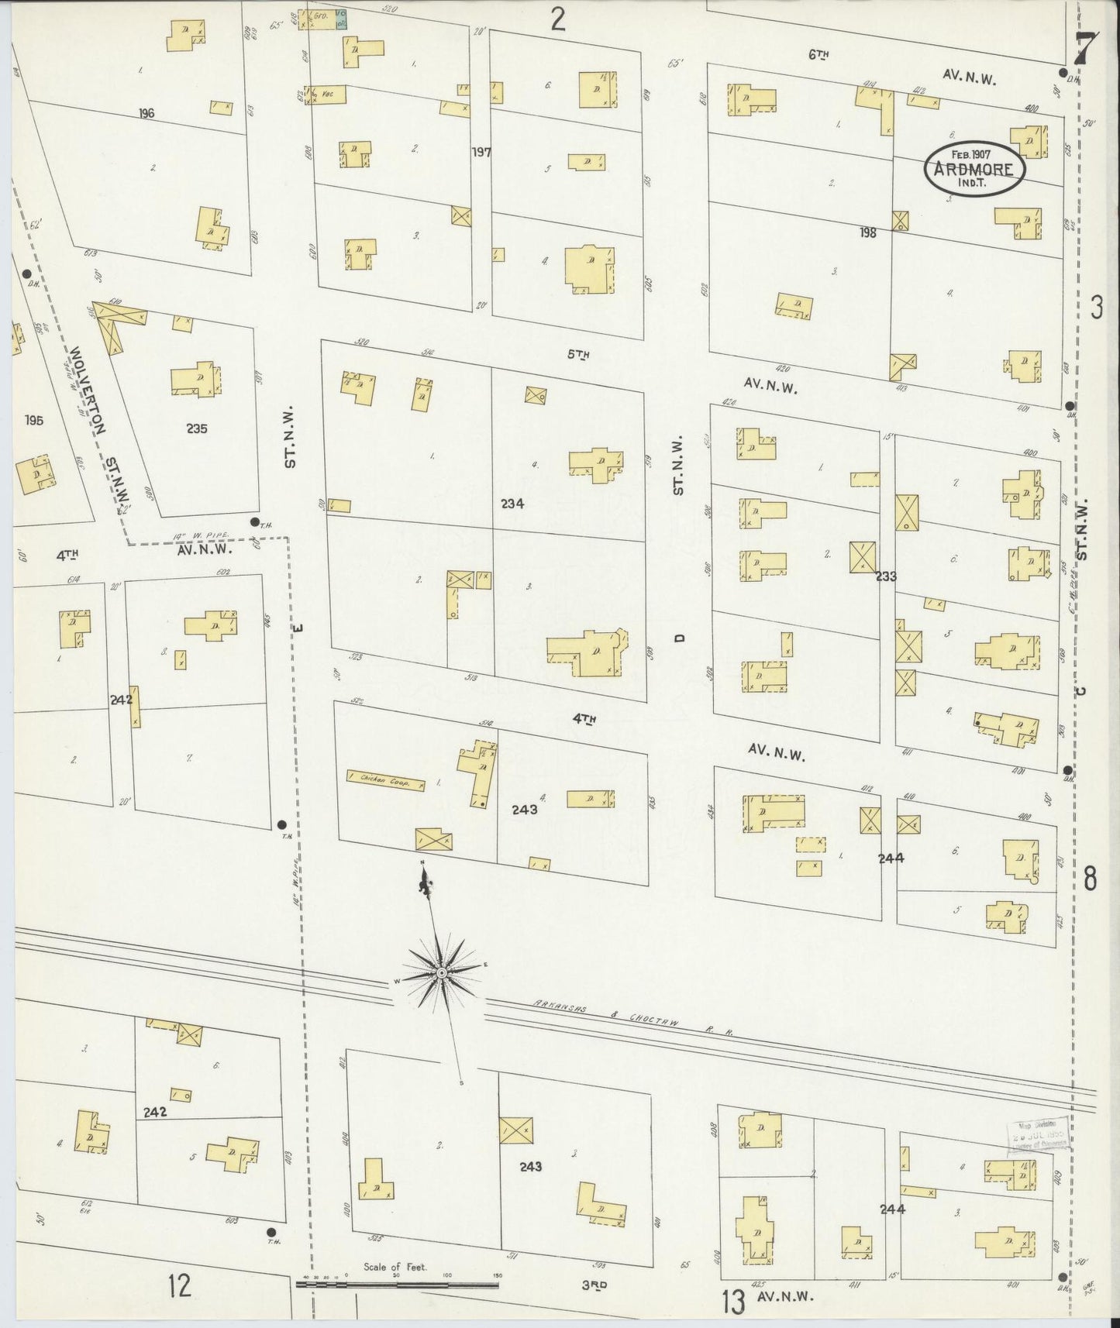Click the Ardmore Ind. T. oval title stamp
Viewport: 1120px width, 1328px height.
[x=974, y=167]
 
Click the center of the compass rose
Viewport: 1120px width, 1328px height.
[x=440, y=972]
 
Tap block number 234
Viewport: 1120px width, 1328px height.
[x=512, y=503]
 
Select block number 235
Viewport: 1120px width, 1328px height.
[x=197, y=428]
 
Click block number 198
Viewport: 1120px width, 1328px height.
[x=867, y=232]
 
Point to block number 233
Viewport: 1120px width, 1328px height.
[x=886, y=576]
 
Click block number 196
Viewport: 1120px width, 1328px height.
[x=146, y=113]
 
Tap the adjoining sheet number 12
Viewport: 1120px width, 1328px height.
[x=179, y=1287]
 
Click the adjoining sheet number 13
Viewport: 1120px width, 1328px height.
[x=732, y=1300]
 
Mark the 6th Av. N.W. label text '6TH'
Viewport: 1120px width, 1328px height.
[x=818, y=54]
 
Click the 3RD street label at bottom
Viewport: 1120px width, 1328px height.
[x=594, y=1285]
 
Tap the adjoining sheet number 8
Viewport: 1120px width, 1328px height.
[x=1090, y=879]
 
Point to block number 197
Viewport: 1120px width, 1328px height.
[x=481, y=152]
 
